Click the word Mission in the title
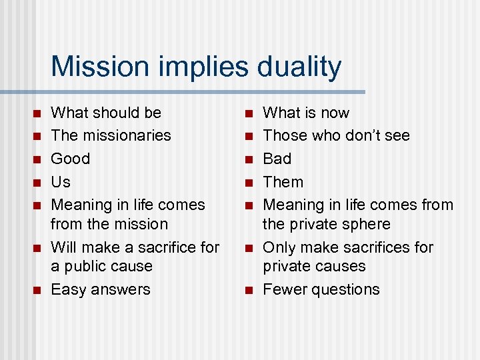point(98,67)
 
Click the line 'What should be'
point(106,113)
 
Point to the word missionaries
point(126,135)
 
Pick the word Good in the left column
point(70,159)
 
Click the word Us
point(61,182)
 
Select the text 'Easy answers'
point(101,289)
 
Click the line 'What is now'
point(306,113)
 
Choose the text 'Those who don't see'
point(336,135)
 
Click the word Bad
point(277,159)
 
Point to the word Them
point(283,182)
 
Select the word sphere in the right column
point(366,224)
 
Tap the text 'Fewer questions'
point(321,289)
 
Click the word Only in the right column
point(279,247)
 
